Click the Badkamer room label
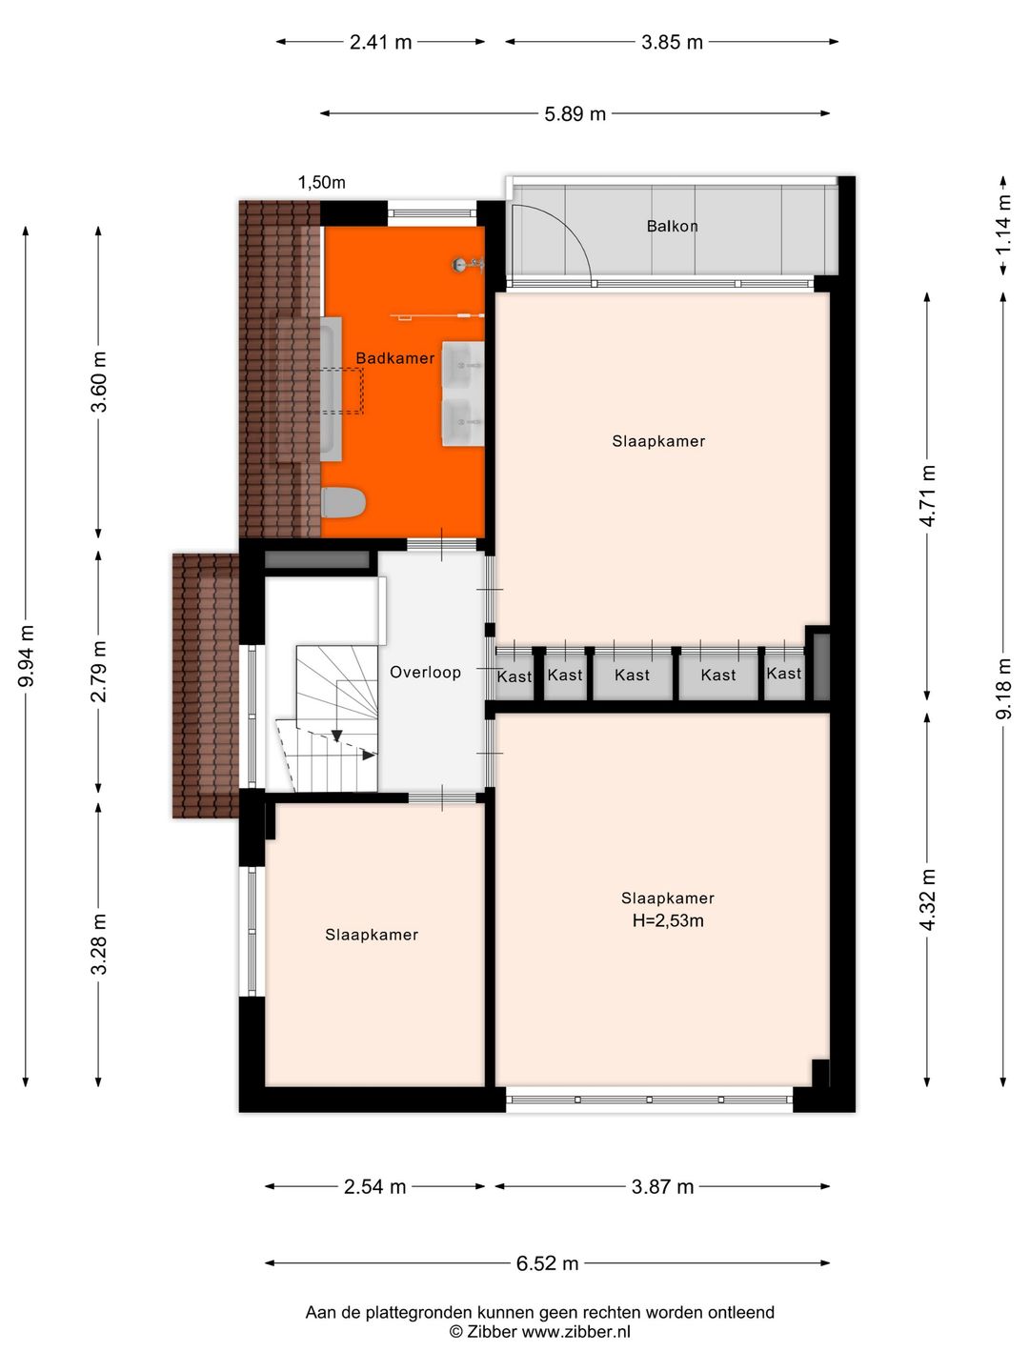(394, 358)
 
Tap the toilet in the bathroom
(343, 502)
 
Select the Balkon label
(673, 226)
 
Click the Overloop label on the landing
(426, 672)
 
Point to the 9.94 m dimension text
(27, 656)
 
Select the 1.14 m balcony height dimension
(1002, 226)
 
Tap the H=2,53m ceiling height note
(668, 920)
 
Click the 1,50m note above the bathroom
(321, 183)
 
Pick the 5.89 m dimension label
(575, 113)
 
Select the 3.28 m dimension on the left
(99, 944)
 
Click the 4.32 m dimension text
(928, 899)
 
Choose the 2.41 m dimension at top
(380, 42)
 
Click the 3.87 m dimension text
(662, 1186)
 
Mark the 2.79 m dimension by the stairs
(99, 672)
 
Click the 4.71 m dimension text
(928, 495)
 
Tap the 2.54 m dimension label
(374, 1186)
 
